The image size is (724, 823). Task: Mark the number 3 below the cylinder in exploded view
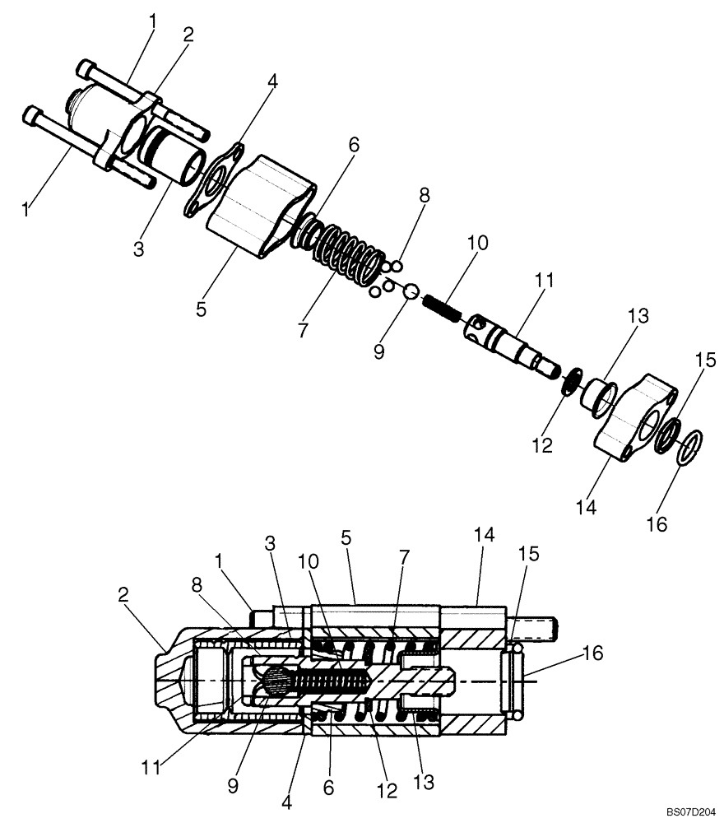[x=138, y=248]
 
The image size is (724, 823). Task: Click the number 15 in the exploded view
[x=705, y=360]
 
